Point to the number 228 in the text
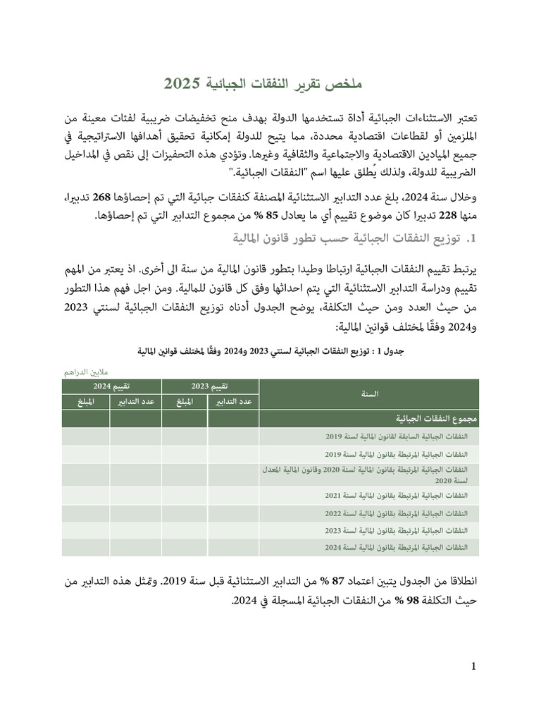[477, 216]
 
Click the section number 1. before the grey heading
[472, 239]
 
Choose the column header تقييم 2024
[111, 386]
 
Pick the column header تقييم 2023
[211, 386]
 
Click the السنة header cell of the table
[369, 394]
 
